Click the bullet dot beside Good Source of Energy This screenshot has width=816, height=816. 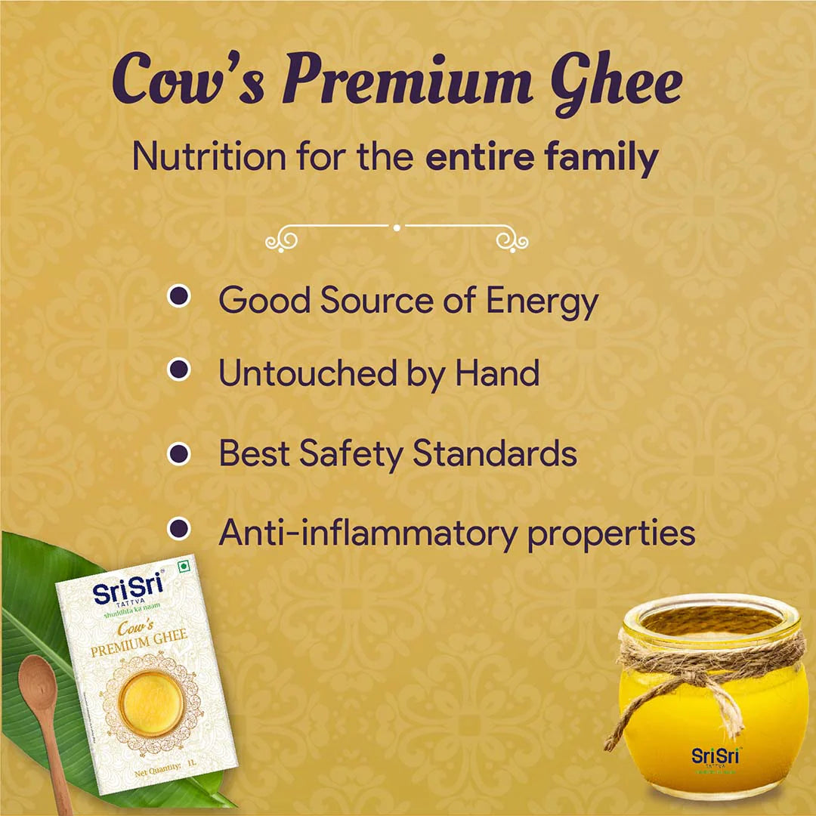178,296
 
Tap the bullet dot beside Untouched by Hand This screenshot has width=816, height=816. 178,369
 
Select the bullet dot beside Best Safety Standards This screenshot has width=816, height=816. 178,453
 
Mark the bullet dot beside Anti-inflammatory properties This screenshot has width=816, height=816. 178,528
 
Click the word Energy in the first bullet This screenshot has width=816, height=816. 541,301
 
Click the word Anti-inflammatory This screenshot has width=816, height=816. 367,533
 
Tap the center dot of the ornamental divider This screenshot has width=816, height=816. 397,226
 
